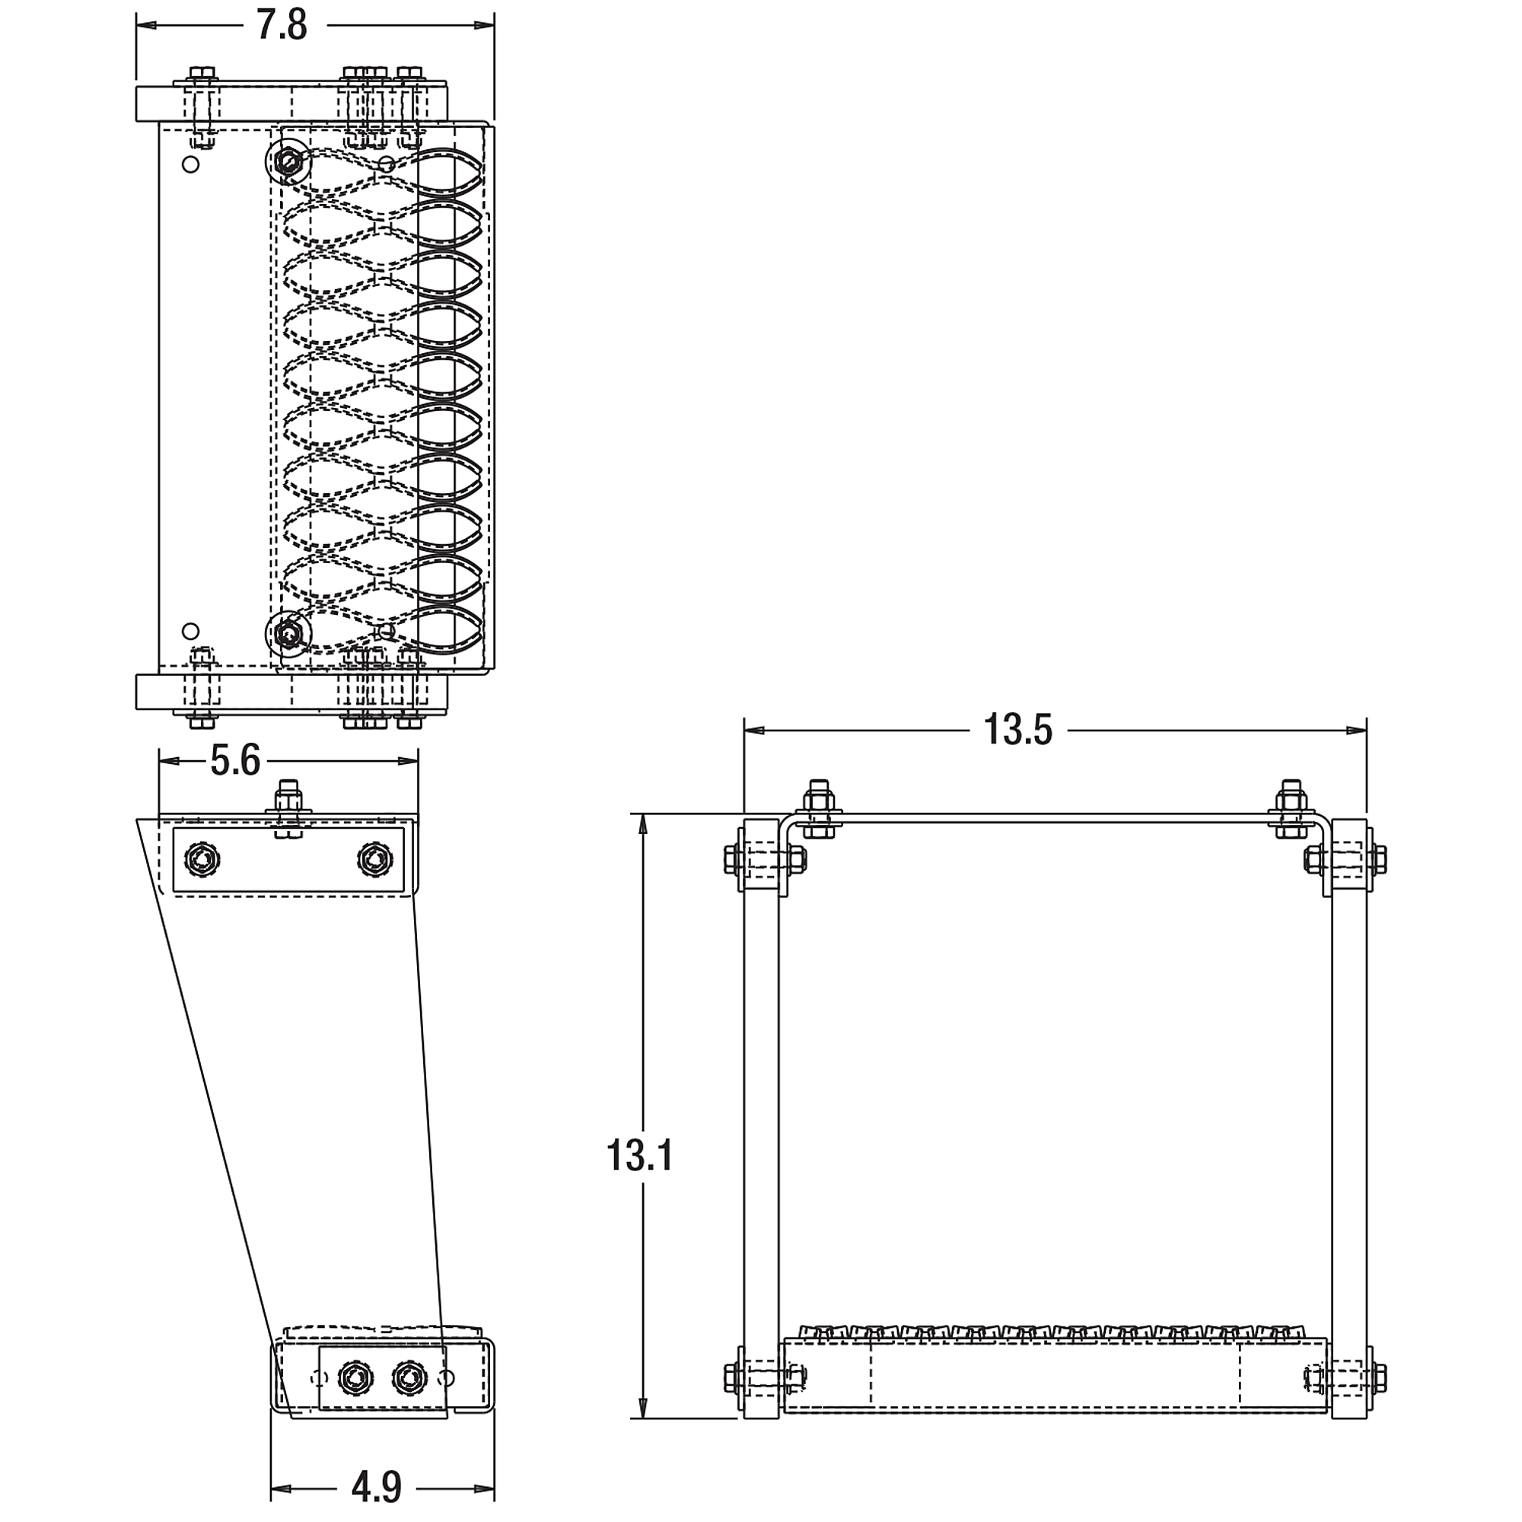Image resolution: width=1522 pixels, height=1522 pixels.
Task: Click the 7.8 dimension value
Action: (282, 25)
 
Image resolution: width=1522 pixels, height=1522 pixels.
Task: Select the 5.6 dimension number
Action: (234, 760)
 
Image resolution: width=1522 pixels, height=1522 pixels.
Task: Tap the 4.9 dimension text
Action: (376, 1487)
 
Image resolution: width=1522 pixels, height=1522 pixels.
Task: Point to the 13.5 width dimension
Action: (1017, 730)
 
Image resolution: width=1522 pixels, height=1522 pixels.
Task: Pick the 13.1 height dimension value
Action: (639, 1156)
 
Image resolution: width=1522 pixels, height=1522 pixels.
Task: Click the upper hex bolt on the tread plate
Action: (288, 162)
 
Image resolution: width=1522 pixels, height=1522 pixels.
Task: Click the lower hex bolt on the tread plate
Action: (288, 632)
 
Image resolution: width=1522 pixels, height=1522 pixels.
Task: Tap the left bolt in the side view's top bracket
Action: (202, 858)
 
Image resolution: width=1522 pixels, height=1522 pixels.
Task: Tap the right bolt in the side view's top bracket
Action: (374, 858)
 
